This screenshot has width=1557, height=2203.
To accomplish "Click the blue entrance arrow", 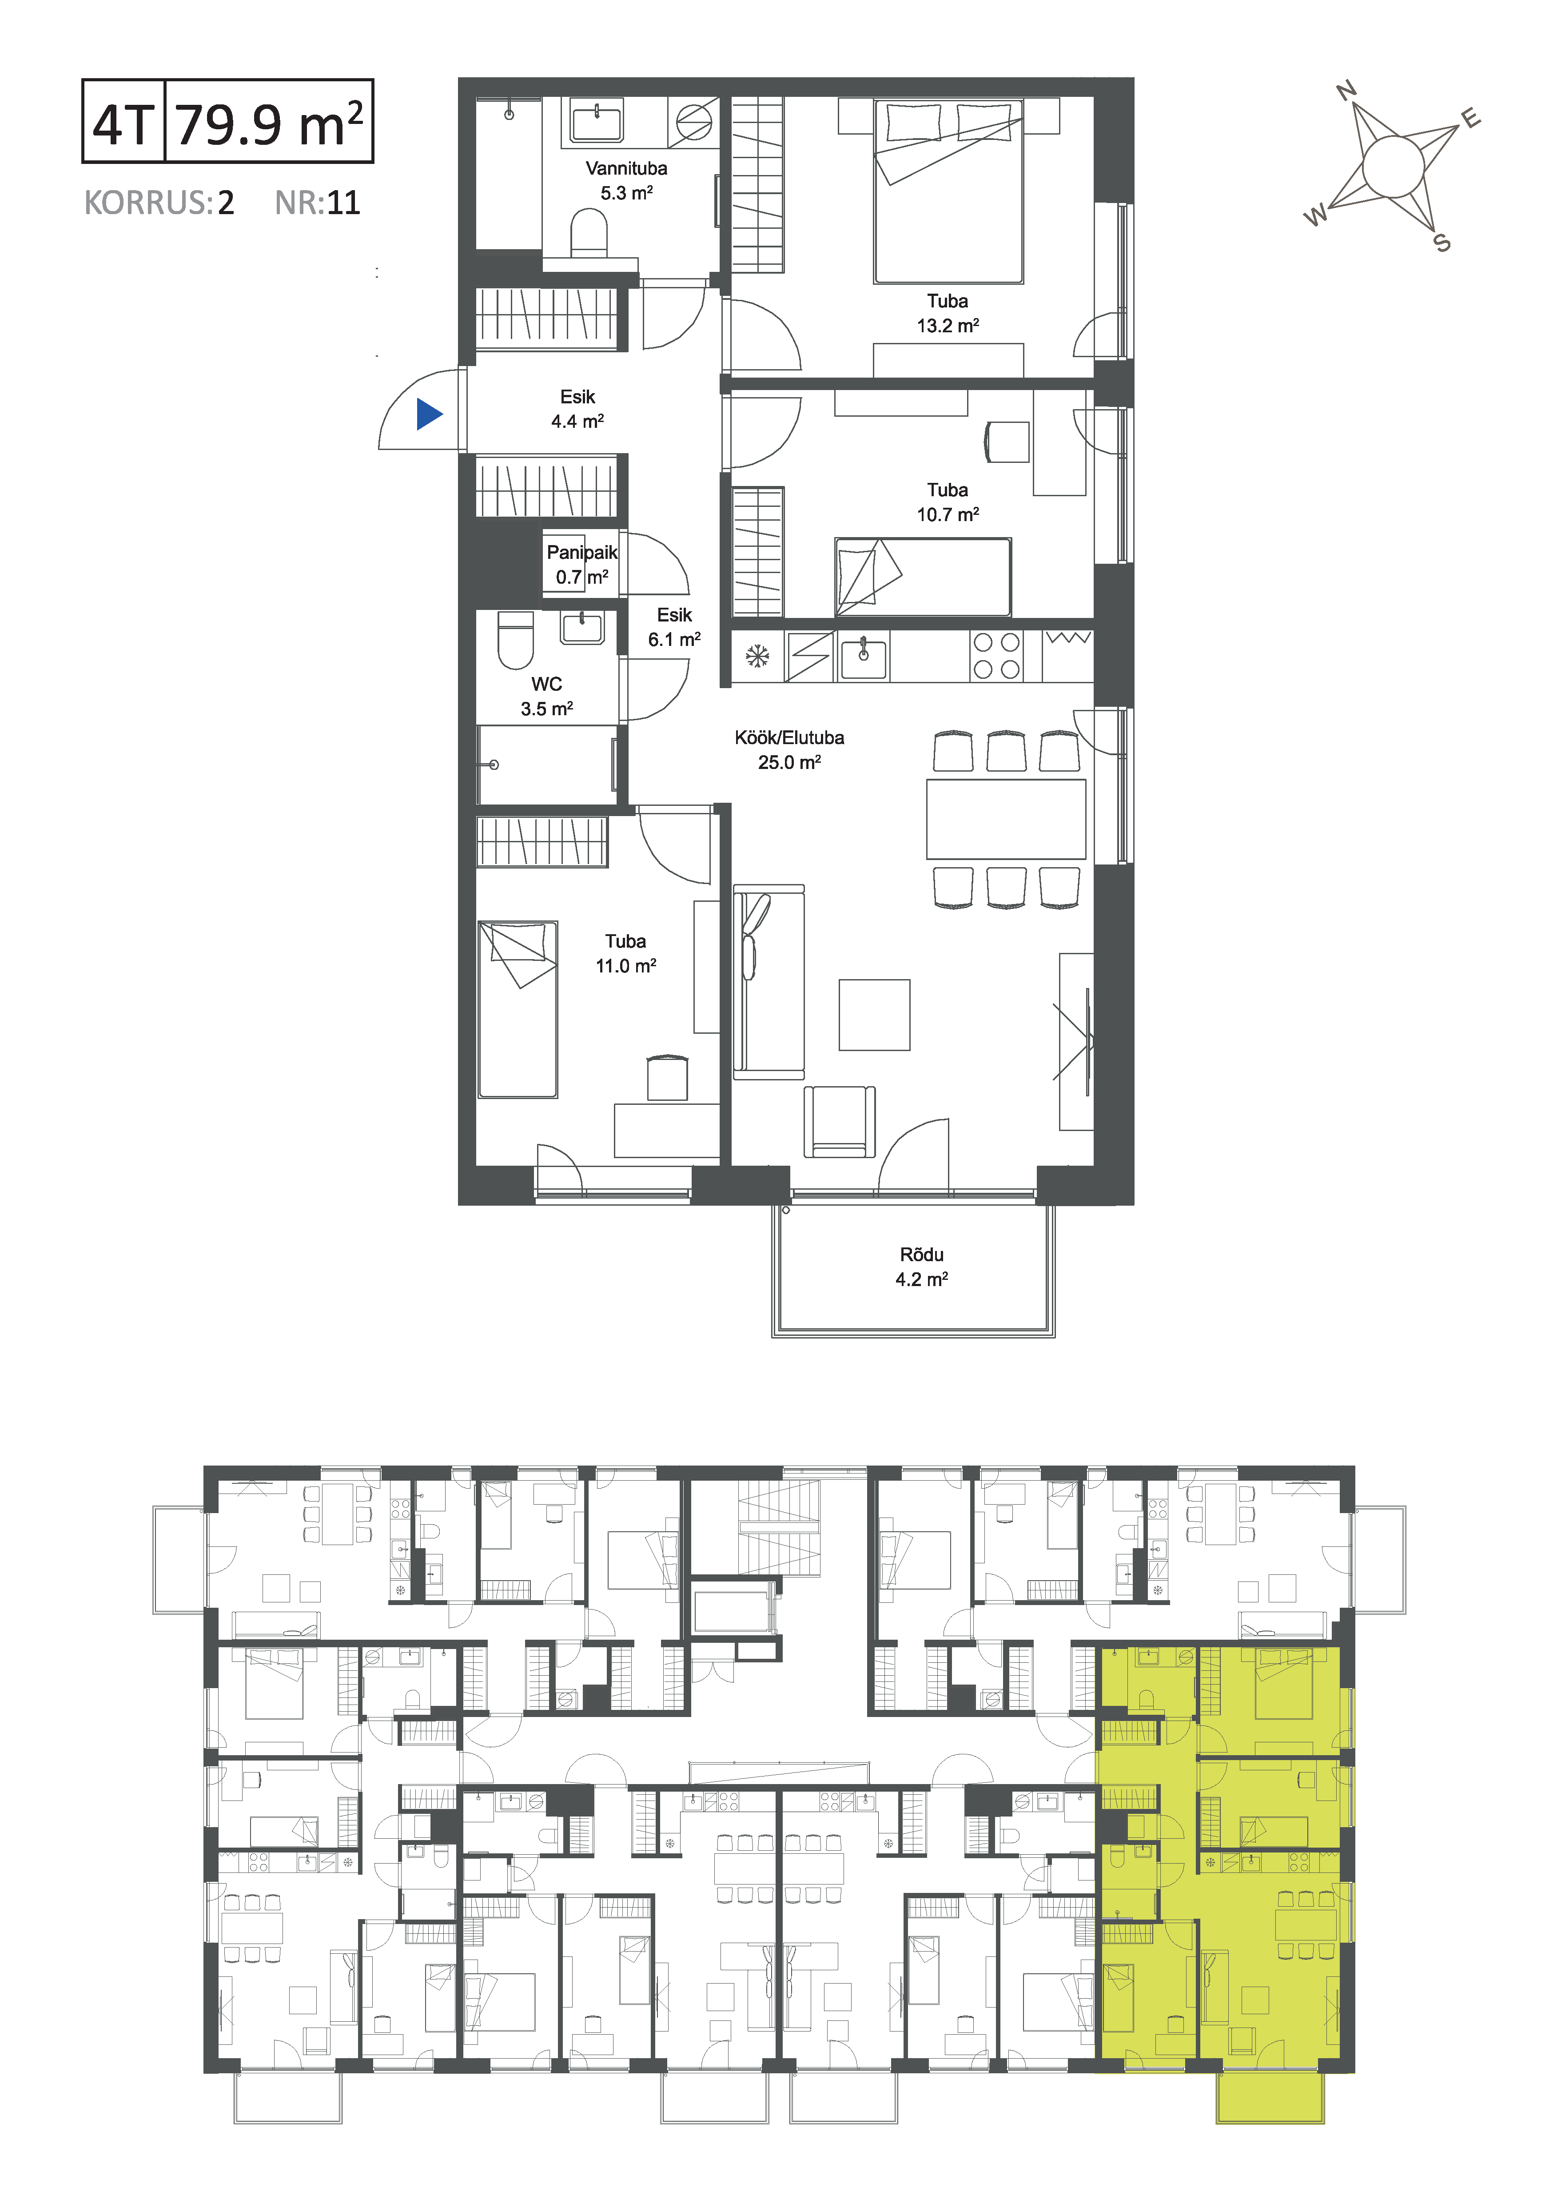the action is click(x=429, y=414).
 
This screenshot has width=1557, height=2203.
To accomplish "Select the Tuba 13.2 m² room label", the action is click(x=948, y=313).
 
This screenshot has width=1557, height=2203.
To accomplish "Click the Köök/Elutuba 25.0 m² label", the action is click(x=789, y=749).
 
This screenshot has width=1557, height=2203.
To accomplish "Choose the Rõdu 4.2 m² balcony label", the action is click(x=922, y=1267).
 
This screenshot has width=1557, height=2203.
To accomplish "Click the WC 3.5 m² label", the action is click(x=547, y=696).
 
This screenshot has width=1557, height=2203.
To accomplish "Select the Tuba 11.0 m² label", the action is click(x=625, y=953).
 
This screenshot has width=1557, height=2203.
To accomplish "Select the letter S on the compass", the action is click(x=1442, y=243).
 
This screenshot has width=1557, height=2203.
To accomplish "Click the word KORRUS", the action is click(x=144, y=203).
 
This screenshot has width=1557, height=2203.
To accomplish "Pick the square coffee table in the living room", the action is click(x=874, y=1015).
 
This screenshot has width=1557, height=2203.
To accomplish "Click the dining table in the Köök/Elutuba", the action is click(x=1006, y=818).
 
